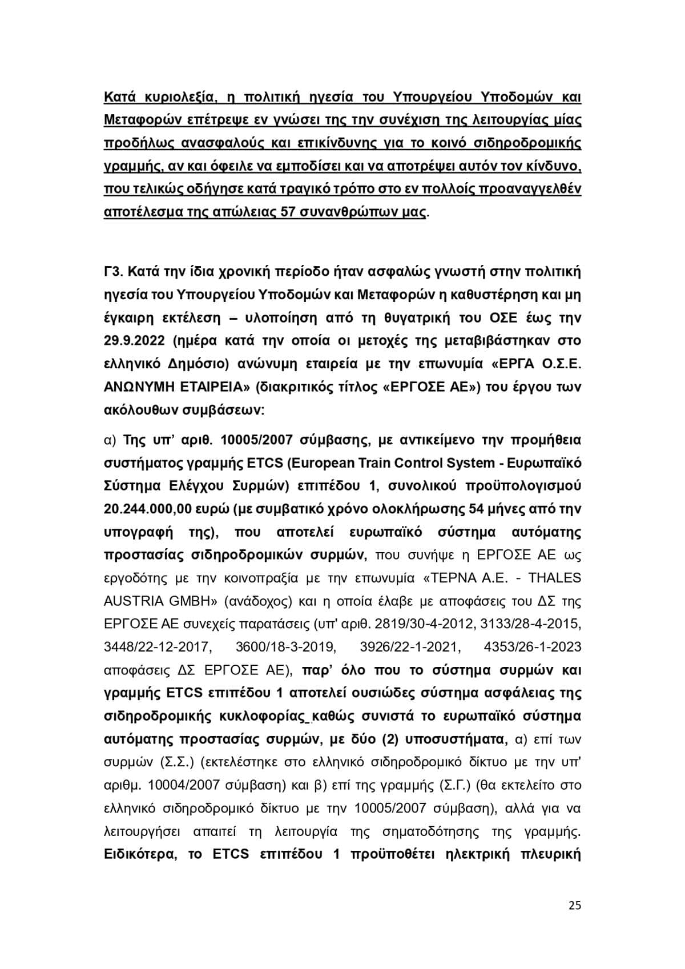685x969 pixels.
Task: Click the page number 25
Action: coord(575,906)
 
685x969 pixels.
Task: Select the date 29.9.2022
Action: coord(135,341)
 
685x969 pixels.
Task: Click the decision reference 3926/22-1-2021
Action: coord(409,647)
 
